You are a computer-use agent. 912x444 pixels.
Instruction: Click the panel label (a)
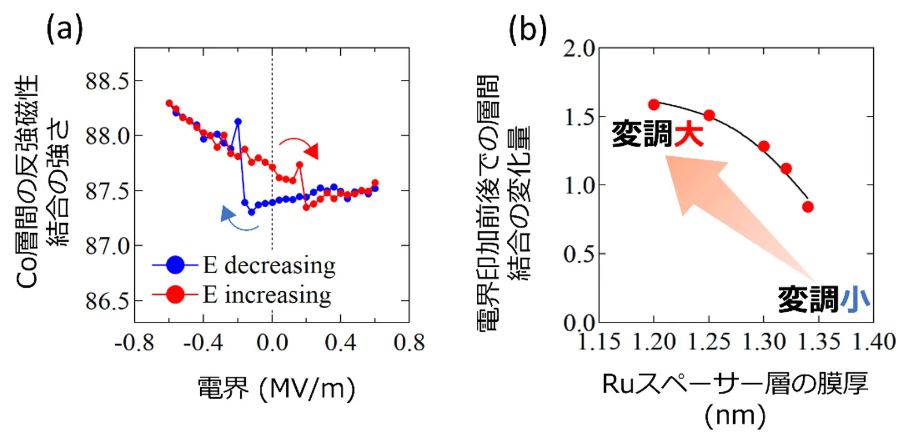64,28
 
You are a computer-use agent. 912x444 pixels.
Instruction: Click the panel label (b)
527,30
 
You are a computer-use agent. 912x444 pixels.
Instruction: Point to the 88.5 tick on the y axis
107,81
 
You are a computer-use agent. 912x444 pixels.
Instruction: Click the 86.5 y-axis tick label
107,301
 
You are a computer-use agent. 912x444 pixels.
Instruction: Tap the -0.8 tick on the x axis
134,343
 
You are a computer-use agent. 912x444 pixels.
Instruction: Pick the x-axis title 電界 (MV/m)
276,388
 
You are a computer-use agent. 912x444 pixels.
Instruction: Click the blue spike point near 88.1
238,122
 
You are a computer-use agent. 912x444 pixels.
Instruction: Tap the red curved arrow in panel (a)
300,146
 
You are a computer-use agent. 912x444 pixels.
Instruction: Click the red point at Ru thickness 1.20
654,105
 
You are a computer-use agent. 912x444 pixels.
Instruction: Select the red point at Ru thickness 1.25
709,115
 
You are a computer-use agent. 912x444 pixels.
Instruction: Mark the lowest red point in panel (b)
808,207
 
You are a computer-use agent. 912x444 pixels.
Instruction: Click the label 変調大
657,134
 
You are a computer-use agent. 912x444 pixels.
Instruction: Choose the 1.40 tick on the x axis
874,342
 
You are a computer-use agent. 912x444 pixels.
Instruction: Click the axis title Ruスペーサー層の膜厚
735,384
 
